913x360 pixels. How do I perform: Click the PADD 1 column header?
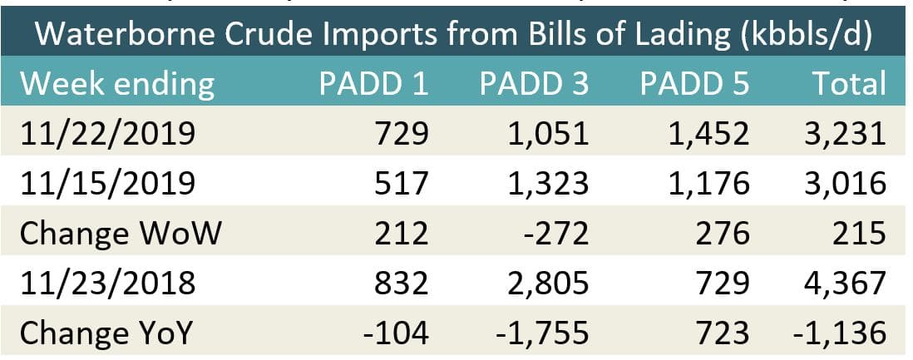tap(374, 84)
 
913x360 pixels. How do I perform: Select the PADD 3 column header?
tap(534, 84)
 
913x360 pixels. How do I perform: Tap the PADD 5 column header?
tap(694, 84)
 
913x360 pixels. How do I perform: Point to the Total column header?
tap(847, 84)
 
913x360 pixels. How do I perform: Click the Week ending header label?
tap(117, 84)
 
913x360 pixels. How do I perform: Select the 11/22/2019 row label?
tap(108, 133)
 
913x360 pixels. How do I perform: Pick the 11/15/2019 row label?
tap(108, 183)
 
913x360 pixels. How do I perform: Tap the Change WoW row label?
tap(121, 233)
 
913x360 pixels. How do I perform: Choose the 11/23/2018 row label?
tap(108, 283)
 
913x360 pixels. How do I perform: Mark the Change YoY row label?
tap(106, 333)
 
